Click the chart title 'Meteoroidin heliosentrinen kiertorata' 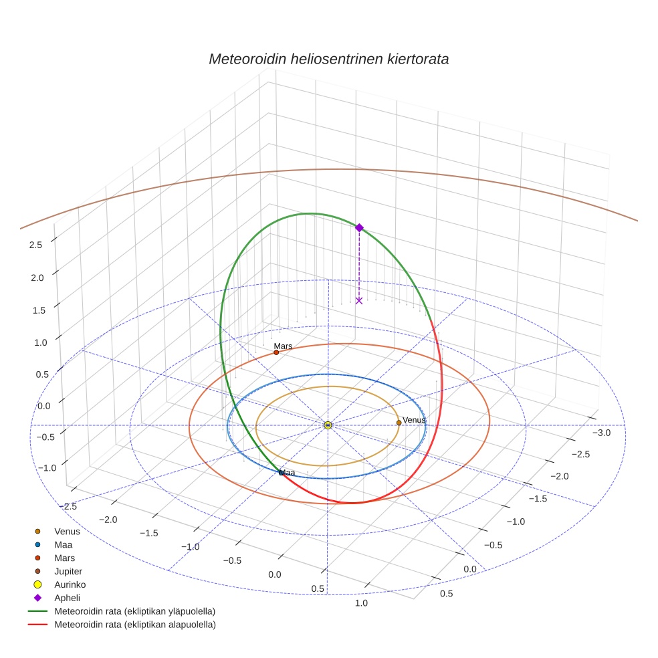(328, 59)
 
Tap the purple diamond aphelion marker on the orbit (359, 228)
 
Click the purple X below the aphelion (359, 301)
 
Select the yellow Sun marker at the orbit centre (328, 425)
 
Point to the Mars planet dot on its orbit (276, 352)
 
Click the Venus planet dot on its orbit (399, 423)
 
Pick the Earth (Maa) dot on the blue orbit (282, 473)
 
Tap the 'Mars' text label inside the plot (283, 346)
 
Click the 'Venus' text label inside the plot (414, 420)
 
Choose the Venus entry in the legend (67, 532)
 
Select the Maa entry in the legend (64, 545)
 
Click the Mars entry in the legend (64, 558)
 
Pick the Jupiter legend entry (68, 572)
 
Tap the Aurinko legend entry (70, 584)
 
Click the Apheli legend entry (67, 598)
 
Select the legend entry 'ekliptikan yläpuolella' (134, 611)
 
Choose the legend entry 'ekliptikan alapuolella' (134, 625)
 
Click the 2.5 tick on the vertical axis (35, 245)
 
